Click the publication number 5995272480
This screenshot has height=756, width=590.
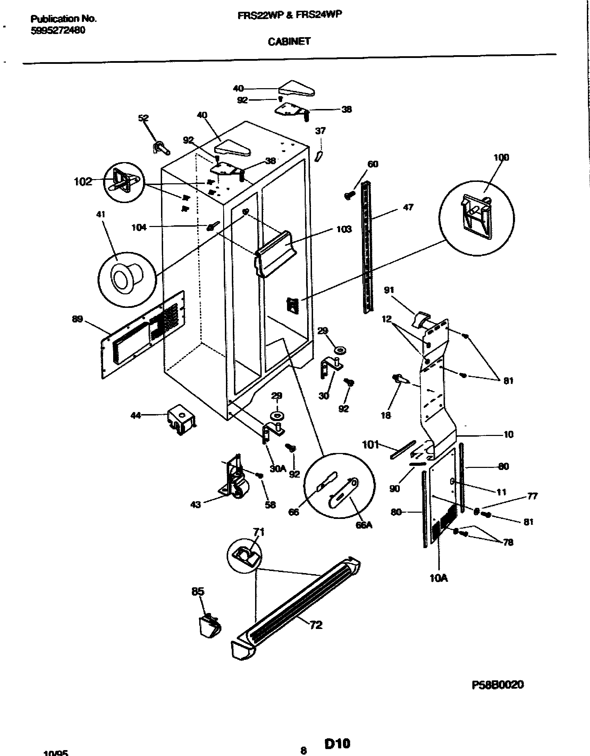pos(58,31)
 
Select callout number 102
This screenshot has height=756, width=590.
pos(83,182)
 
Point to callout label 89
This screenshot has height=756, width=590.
pos(77,319)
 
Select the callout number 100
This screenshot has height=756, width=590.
pos(501,157)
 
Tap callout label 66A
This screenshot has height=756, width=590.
pos(363,525)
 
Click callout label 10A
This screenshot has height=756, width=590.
pos(439,578)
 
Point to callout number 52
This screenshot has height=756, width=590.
pos(143,118)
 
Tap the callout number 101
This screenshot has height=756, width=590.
pos(370,444)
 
